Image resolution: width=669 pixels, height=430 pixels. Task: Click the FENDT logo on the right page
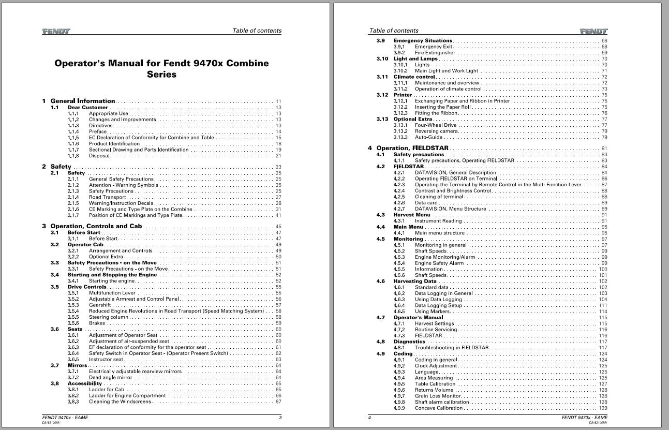[x=593, y=31]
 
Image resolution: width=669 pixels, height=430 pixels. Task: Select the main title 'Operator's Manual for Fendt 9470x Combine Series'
[x=161, y=69]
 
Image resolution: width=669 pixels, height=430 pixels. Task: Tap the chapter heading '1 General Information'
[x=83, y=101]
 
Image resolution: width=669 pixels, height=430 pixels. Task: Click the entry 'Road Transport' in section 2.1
[x=108, y=197]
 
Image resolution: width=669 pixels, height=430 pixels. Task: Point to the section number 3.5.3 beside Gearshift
[x=73, y=305]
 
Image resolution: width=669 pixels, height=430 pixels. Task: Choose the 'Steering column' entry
[x=109, y=317]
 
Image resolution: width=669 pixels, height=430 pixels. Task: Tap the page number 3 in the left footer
[x=280, y=418]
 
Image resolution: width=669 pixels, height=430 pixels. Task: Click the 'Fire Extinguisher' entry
[x=435, y=53]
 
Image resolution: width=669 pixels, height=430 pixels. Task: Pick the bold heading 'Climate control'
[x=414, y=77]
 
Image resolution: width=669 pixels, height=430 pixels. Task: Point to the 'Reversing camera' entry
[x=437, y=131]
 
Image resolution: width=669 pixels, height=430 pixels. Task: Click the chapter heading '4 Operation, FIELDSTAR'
[x=408, y=149]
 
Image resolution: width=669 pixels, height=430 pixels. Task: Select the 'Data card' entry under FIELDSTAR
[x=427, y=203]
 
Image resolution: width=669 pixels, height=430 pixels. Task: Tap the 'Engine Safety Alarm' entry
[x=439, y=263]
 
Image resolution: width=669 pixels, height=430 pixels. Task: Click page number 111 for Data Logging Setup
[x=603, y=305]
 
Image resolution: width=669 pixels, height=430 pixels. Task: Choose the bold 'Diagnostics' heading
[x=409, y=342]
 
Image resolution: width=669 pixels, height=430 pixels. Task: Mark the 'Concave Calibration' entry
[x=439, y=408]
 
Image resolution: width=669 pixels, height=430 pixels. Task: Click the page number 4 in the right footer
[x=369, y=418]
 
